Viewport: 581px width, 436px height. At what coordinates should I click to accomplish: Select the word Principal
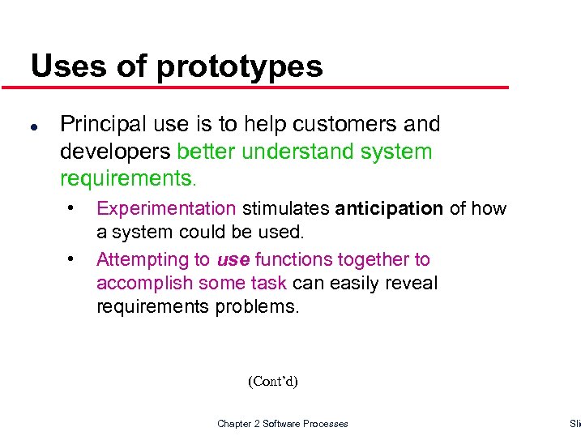click(x=100, y=124)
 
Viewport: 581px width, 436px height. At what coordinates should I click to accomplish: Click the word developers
click(x=116, y=152)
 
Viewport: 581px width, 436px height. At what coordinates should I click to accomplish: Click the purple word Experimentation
click(x=166, y=209)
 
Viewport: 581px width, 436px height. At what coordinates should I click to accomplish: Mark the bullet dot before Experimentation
click(x=72, y=207)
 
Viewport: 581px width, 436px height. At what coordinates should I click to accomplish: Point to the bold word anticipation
click(x=389, y=209)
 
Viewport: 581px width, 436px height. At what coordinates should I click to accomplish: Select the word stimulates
click(x=286, y=209)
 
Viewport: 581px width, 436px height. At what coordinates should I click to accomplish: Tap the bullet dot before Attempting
click(x=72, y=259)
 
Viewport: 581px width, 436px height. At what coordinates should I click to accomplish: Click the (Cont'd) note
click(x=272, y=382)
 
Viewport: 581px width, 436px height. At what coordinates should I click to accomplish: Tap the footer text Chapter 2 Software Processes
click(x=282, y=424)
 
